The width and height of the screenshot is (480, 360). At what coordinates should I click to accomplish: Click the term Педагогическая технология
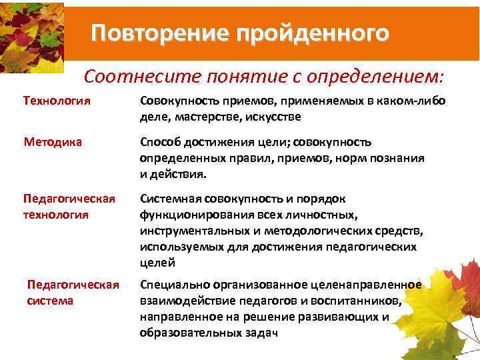69,207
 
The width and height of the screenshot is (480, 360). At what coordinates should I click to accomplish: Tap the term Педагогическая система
73,293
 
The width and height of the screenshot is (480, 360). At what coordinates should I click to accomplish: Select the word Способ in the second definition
160,142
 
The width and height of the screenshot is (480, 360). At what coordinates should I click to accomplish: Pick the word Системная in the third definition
169,199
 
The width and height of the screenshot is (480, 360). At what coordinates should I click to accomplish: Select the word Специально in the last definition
171,285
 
